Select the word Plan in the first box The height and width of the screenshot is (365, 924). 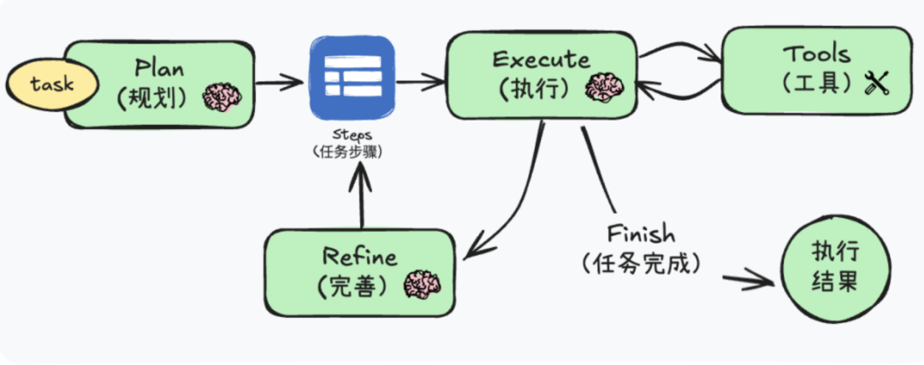tap(160, 68)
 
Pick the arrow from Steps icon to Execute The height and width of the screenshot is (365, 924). tap(420, 82)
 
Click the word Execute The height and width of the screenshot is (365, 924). tap(541, 60)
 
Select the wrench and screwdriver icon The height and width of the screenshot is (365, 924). tap(878, 83)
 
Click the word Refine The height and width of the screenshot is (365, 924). tap(359, 256)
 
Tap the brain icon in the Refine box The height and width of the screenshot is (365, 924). tap(422, 284)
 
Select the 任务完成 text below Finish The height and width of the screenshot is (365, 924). tap(642, 263)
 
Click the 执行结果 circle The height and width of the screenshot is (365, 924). tap(834, 268)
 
